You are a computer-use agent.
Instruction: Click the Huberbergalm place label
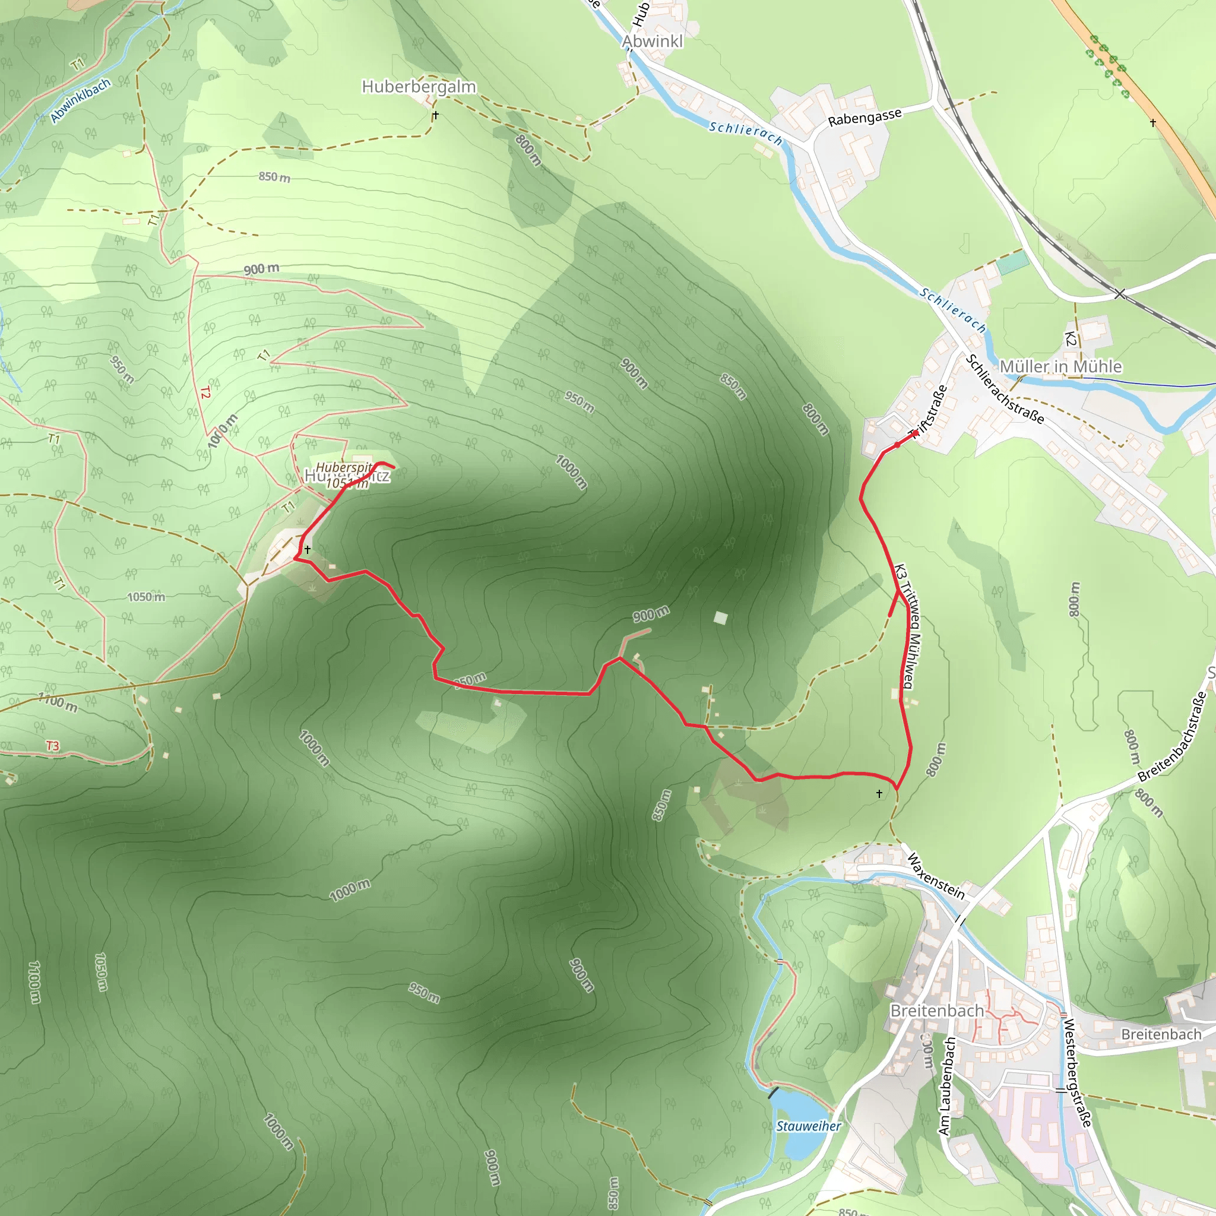click(x=419, y=87)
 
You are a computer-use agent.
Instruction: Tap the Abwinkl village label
click(x=652, y=42)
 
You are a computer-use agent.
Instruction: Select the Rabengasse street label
click(x=864, y=118)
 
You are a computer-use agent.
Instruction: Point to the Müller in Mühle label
click(x=1060, y=366)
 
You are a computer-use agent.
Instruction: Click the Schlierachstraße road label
click(x=1005, y=389)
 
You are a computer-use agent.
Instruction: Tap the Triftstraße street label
click(x=930, y=410)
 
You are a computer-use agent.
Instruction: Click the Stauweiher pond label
click(x=808, y=1126)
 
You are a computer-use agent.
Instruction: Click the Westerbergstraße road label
click(x=1077, y=1072)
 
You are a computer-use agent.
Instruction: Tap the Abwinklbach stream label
click(x=81, y=101)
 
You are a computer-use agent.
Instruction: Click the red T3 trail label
click(x=52, y=746)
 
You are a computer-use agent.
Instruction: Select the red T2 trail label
click(x=205, y=392)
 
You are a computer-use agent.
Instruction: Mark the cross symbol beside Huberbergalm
click(x=436, y=115)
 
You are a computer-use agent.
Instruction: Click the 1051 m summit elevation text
click(x=347, y=483)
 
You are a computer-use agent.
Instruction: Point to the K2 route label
click(x=1070, y=339)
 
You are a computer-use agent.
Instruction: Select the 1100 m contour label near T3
click(x=58, y=702)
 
